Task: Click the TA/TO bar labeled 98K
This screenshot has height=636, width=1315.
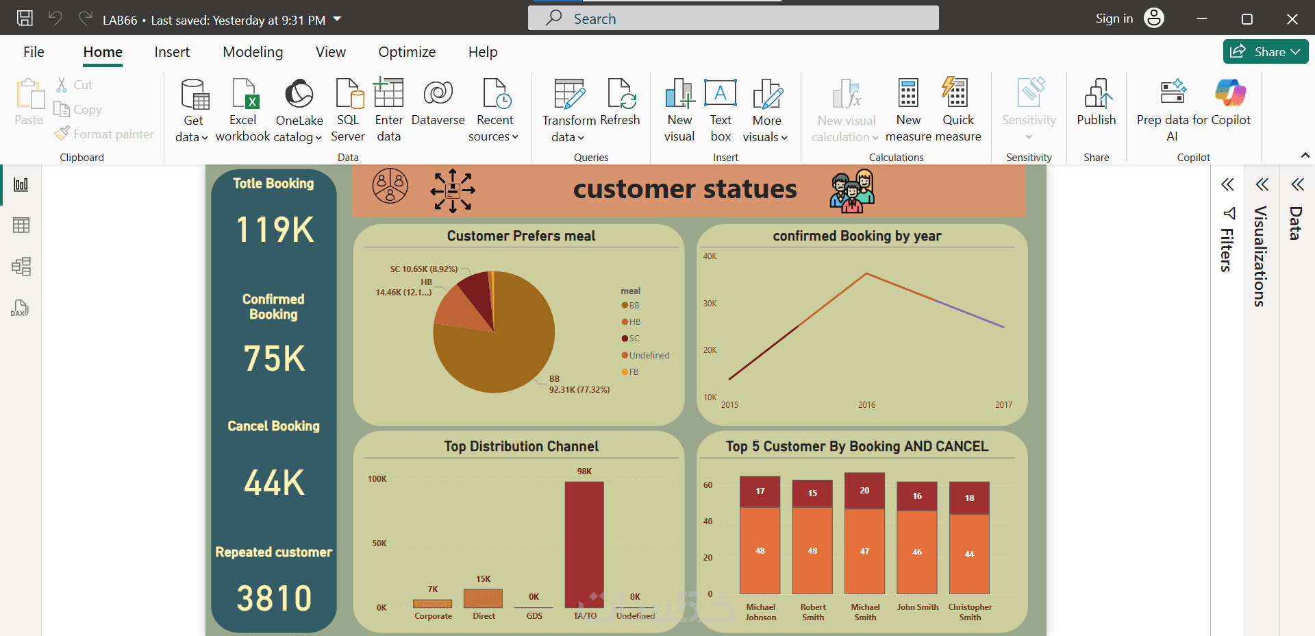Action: coord(584,544)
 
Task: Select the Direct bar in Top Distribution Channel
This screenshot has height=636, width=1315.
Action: coord(483,598)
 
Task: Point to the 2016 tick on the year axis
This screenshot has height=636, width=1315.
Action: coord(866,405)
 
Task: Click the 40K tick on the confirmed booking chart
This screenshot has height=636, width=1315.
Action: coord(710,256)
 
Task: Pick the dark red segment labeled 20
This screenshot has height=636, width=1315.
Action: coord(864,491)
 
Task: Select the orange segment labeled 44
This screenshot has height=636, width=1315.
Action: coord(969,554)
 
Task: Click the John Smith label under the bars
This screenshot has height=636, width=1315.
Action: coord(917,607)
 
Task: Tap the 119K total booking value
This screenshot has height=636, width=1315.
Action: coord(275,230)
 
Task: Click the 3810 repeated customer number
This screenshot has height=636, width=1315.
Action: coord(274,598)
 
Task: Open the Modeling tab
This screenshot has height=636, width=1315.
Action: coord(253,52)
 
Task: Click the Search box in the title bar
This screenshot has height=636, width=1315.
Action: coord(733,19)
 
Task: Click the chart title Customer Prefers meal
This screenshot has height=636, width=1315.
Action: coord(521,236)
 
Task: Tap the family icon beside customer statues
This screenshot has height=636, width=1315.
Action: coord(852,191)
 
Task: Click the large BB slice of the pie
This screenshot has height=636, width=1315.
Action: coord(486,356)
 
